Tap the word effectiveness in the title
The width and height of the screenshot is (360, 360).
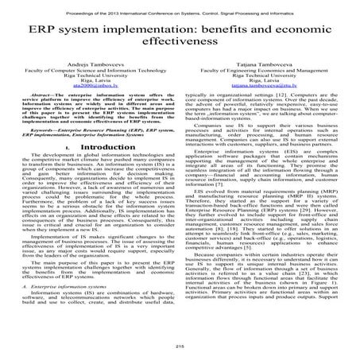click(x=179, y=40)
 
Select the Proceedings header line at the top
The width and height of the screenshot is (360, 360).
click(x=180, y=6)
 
